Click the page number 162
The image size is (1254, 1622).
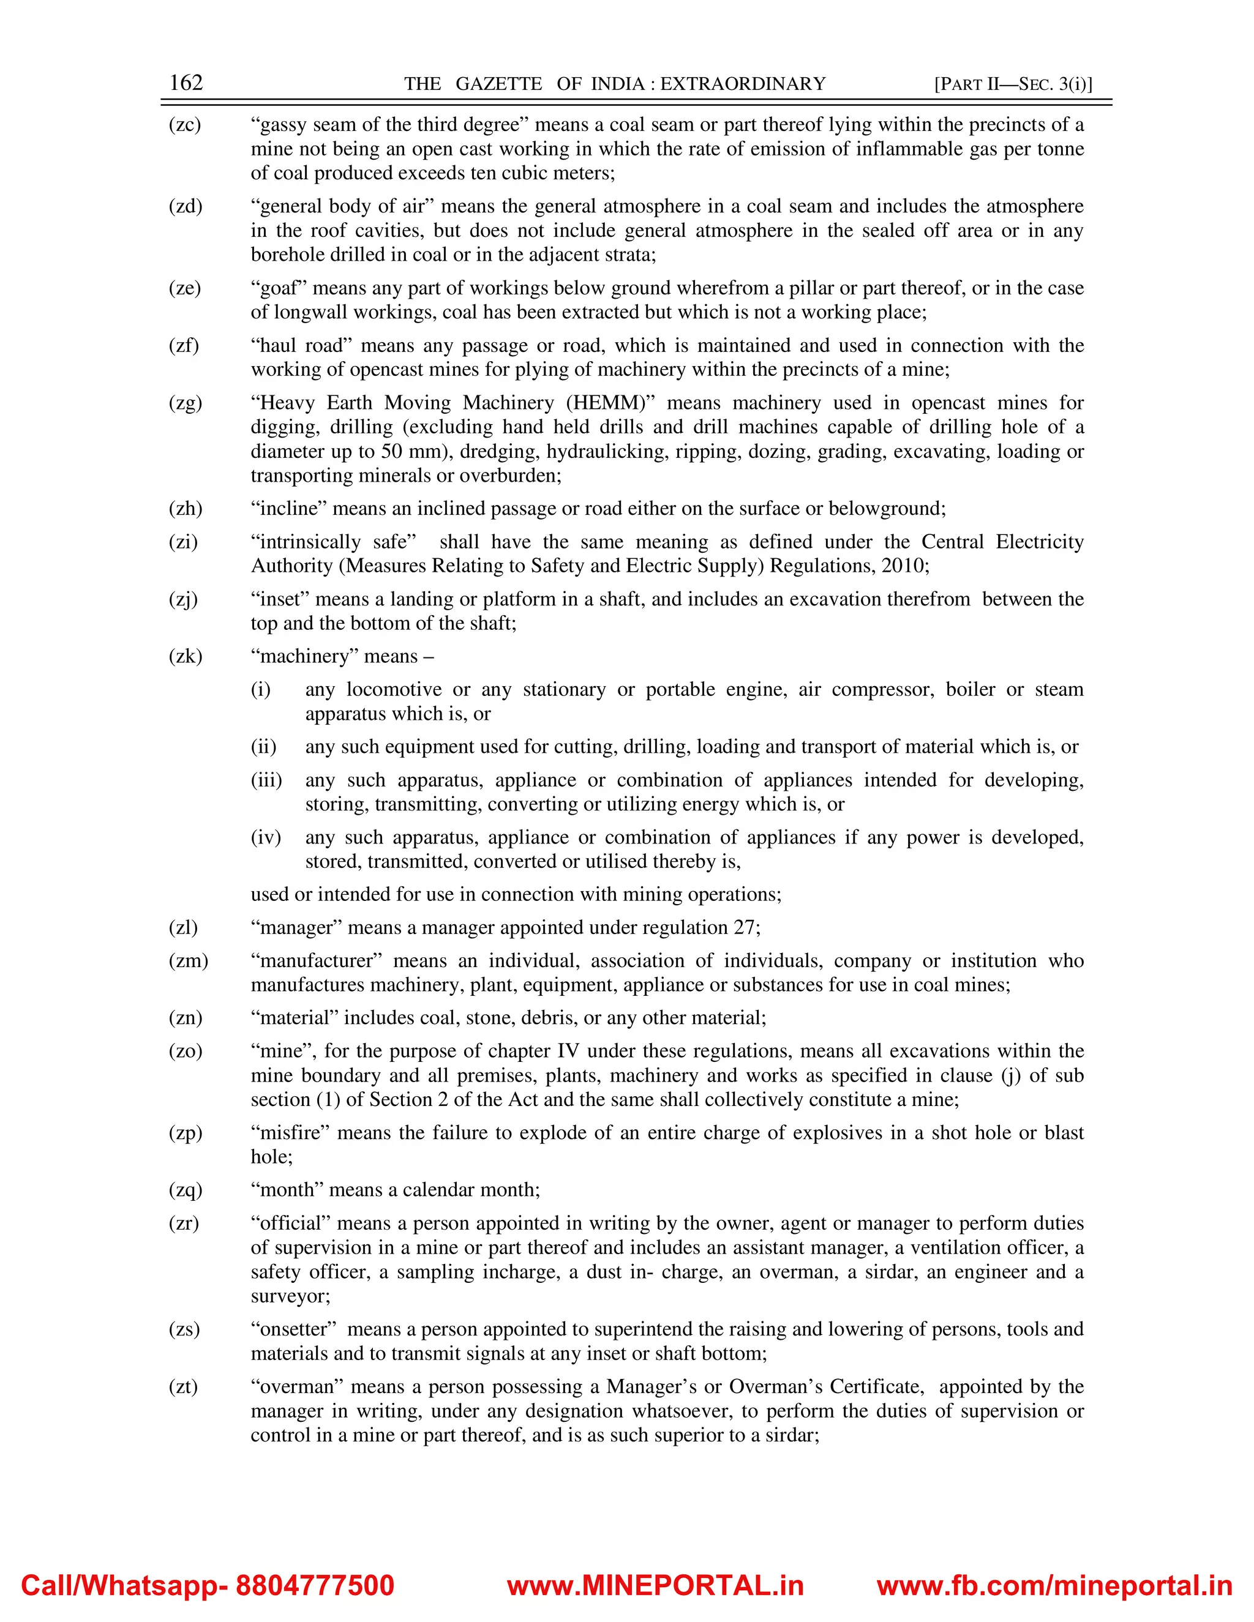pyautogui.click(x=186, y=83)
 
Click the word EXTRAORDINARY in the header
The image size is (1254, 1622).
pyautogui.click(x=742, y=84)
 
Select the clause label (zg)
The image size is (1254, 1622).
pyautogui.click(x=185, y=403)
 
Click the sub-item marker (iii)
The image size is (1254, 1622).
pyautogui.click(x=266, y=780)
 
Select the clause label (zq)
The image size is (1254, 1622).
pyautogui.click(x=185, y=1190)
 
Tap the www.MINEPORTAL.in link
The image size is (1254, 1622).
pyautogui.click(x=655, y=1585)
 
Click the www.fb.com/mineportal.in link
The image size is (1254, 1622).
pyautogui.click(x=1054, y=1585)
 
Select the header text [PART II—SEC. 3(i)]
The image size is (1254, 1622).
pyautogui.click(x=1013, y=84)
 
